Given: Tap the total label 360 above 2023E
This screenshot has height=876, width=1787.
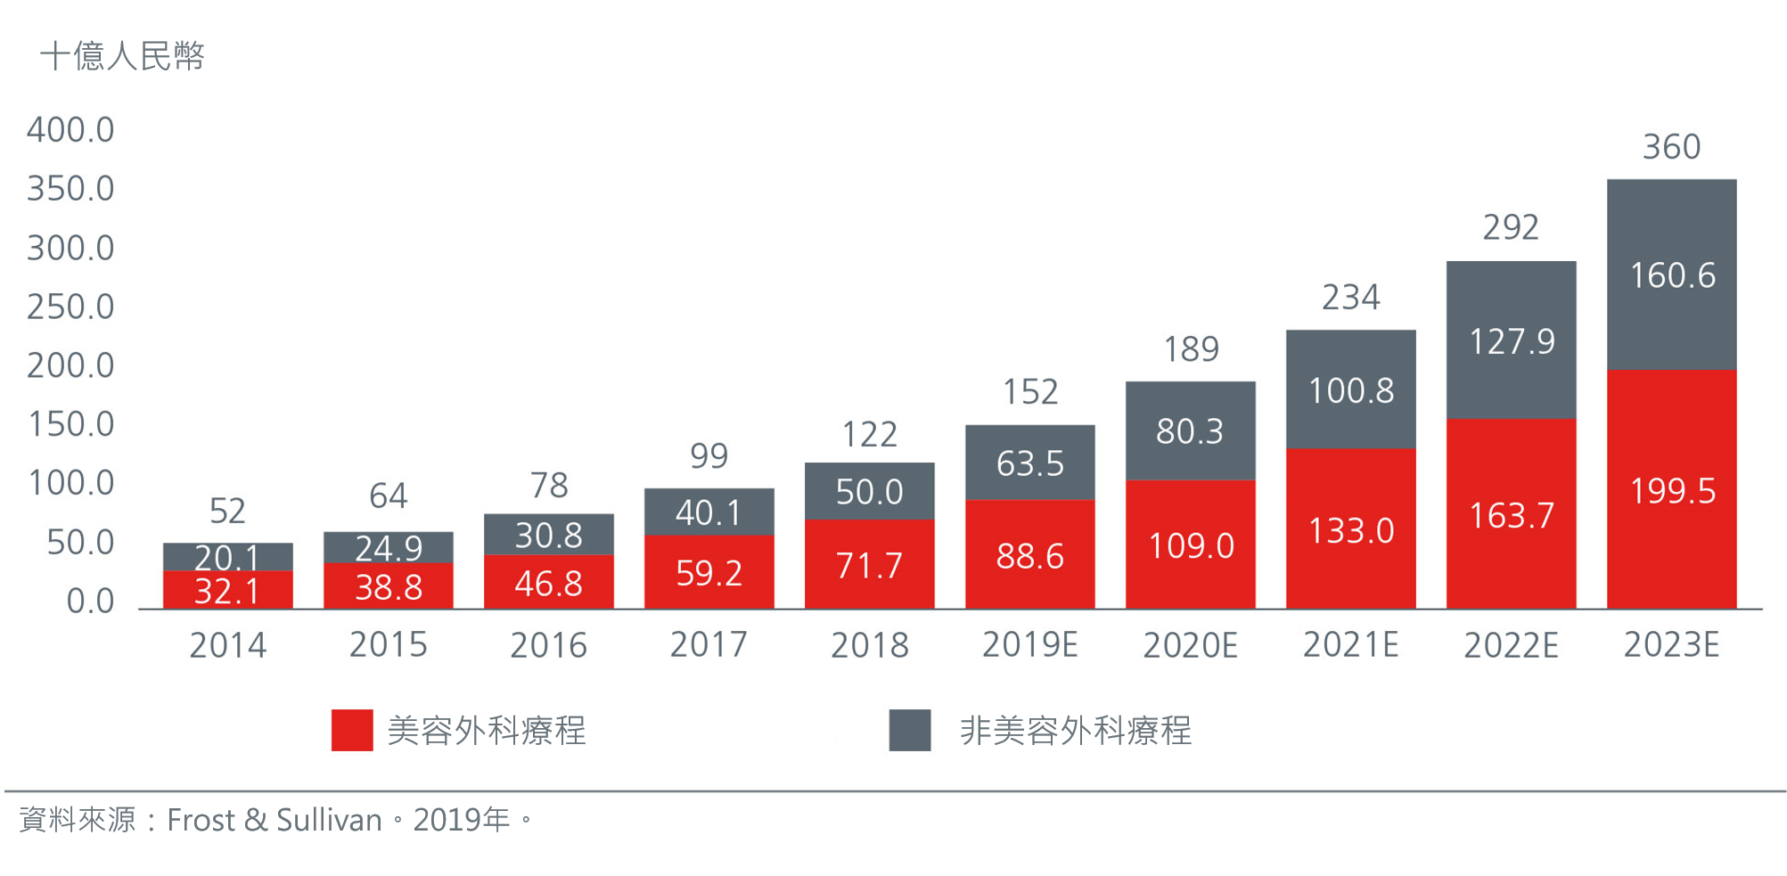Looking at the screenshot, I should click(x=1671, y=147).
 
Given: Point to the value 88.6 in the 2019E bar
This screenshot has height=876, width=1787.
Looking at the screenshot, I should click(x=1029, y=557).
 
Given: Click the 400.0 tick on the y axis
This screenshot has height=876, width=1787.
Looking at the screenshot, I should click(x=70, y=130).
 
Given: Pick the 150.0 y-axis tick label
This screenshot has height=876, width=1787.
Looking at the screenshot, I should click(x=70, y=424).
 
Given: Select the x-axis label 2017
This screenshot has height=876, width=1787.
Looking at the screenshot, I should click(x=709, y=645).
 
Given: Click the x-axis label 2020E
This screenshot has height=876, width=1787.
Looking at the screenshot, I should click(x=1190, y=645).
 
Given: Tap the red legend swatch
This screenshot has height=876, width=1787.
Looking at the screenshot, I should click(x=352, y=730).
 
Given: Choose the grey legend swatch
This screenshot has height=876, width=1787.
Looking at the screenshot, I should click(x=909, y=730).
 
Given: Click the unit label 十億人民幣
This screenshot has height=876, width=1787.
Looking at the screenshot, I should click(x=122, y=56).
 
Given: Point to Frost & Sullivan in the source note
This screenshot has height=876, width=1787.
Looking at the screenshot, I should click(x=275, y=820).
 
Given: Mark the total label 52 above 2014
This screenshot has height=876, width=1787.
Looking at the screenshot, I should click(x=227, y=511).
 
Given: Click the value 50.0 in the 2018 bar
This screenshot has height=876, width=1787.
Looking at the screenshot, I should click(x=869, y=492).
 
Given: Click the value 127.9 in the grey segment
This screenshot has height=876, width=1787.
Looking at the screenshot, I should click(x=1511, y=341).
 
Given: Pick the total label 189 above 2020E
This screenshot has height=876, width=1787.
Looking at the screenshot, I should click(x=1191, y=349).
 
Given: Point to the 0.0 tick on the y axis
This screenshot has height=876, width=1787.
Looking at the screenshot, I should click(x=90, y=602).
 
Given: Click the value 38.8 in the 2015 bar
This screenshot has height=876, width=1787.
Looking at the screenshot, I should click(x=389, y=587).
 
